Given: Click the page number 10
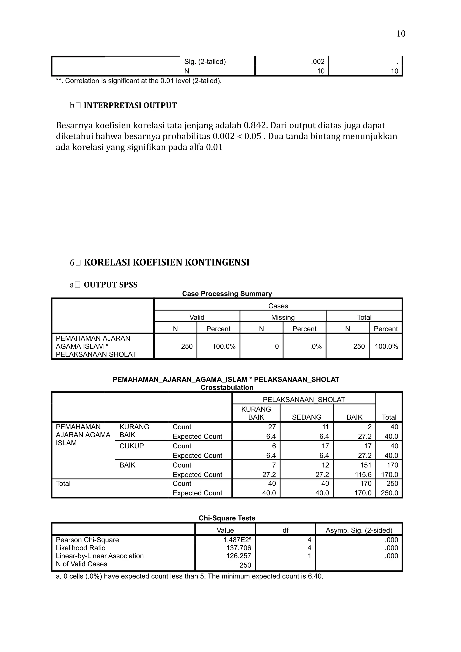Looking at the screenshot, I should pyautogui.click(x=400, y=34).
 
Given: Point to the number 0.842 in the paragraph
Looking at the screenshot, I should pyautogui.click(x=255, y=125).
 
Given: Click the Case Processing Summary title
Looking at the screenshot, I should pyautogui.click(x=227, y=294).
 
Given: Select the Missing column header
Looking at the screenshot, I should pyautogui.click(x=283, y=317).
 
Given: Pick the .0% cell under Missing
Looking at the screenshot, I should pyautogui.click(x=316, y=346).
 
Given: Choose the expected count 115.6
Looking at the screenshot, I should pyautogui.click(x=363, y=474).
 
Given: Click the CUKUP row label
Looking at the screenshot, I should pyautogui.click(x=131, y=446).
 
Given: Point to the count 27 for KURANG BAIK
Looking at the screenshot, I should pyautogui.click(x=272, y=427).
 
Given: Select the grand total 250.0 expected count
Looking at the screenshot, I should pyautogui.click(x=389, y=493).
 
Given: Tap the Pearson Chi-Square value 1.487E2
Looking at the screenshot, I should pyautogui.click(x=237, y=540).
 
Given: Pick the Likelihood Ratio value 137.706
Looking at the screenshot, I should pyautogui.click(x=239, y=548).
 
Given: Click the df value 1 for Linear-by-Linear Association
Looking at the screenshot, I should pyautogui.click(x=309, y=556).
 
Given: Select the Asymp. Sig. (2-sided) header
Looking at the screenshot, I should pyautogui.click(x=359, y=530).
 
